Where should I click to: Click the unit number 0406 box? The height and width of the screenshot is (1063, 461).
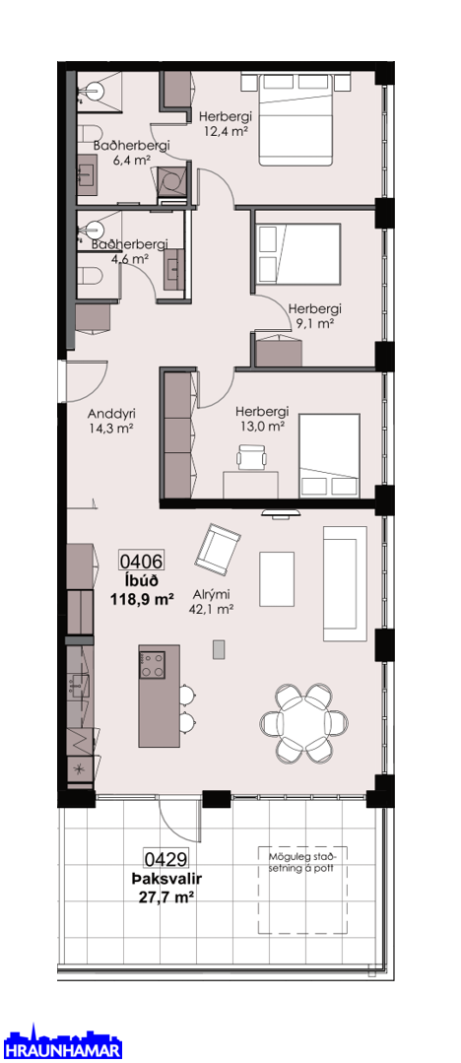pyautogui.click(x=142, y=561)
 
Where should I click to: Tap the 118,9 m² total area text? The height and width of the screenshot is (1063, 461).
pyautogui.click(x=143, y=599)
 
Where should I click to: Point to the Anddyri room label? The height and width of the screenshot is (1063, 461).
pyautogui.click(x=107, y=414)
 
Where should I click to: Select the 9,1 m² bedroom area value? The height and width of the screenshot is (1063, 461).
pyautogui.click(x=314, y=323)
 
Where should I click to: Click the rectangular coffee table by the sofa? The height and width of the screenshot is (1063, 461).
pyautogui.click(x=277, y=579)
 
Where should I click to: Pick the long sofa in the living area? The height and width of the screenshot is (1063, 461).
pyautogui.click(x=345, y=583)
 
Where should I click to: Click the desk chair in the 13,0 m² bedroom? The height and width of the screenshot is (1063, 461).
pyautogui.click(x=251, y=456)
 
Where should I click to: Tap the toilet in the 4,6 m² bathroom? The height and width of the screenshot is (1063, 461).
pyautogui.click(x=90, y=275)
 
